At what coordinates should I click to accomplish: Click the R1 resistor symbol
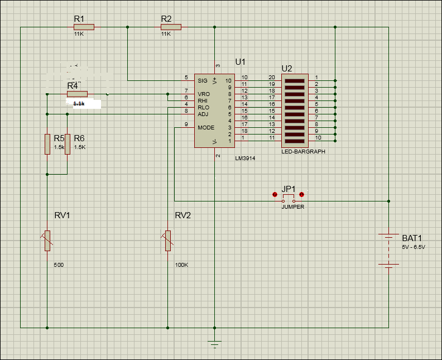(x=84, y=27)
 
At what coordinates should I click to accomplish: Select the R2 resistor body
(x=171, y=27)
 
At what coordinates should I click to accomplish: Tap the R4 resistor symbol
(x=77, y=94)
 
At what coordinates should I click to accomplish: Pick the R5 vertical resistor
(x=47, y=144)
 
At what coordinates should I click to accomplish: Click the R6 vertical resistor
(x=67, y=144)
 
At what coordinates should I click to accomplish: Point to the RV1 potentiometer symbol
(x=47, y=240)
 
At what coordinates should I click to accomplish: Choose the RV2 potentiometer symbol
(x=167, y=240)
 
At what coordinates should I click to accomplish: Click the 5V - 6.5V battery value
(x=413, y=247)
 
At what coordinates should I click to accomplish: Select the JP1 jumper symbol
(x=288, y=199)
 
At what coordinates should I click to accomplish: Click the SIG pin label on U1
(x=203, y=80)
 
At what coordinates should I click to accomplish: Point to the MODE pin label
(x=205, y=128)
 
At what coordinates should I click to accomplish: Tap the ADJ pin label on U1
(x=203, y=114)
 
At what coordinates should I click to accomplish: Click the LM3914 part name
(x=245, y=159)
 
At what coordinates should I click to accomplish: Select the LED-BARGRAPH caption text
(x=304, y=151)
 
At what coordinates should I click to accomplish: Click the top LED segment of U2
(x=294, y=80)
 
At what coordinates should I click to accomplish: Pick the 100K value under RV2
(x=181, y=265)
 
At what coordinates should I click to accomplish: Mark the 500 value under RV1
(x=59, y=265)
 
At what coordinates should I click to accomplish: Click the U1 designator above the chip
(x=241, y=61)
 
